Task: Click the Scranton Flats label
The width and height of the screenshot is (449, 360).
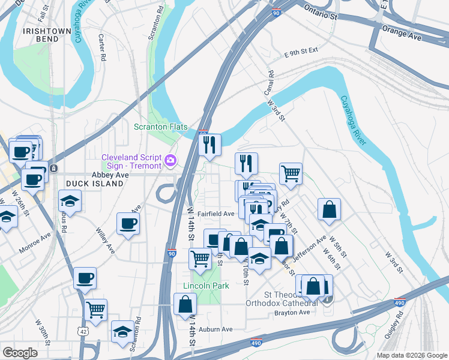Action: (160, 127)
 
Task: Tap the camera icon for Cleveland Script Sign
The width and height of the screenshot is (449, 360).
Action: (171, 160)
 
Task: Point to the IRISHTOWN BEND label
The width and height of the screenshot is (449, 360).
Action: (40, 35)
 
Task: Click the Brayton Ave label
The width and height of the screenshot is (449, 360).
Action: (292, 312)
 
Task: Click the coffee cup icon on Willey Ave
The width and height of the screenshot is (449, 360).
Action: (128, 224)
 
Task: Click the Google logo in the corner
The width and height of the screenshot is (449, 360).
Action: (20, 352)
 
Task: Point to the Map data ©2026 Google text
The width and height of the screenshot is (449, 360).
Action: (411, 355)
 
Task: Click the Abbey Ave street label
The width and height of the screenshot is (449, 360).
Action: (110, 175)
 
